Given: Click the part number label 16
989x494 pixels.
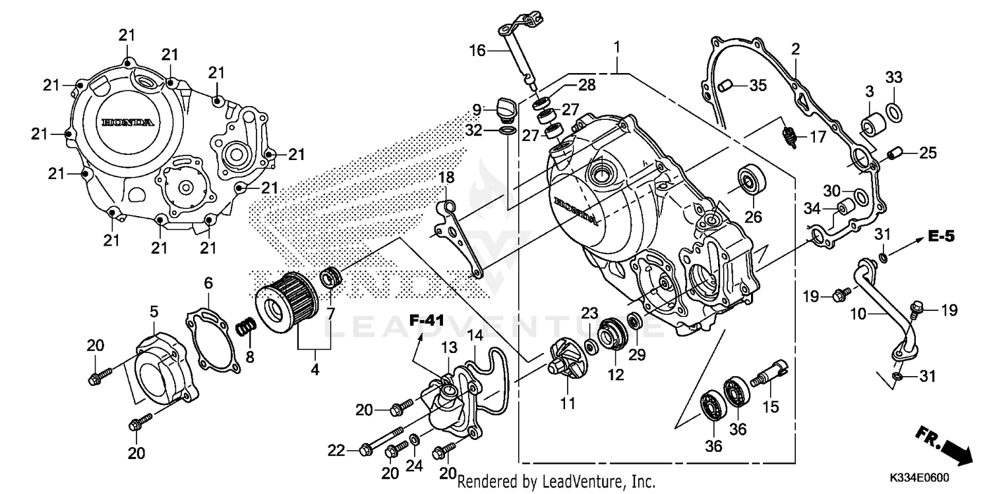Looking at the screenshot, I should (477, 50).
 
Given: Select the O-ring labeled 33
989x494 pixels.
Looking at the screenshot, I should (893, 113).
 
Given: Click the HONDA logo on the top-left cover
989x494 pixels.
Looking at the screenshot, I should (128, 123).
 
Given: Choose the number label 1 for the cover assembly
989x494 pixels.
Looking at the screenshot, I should (617, 47).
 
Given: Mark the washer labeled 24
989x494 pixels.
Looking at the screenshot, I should (413, 440).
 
